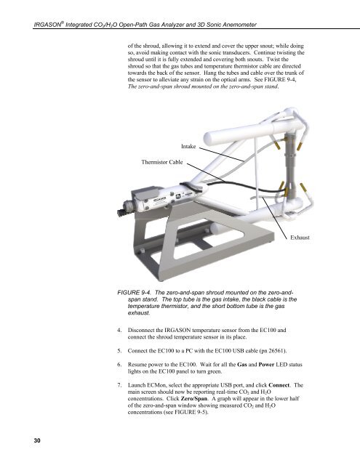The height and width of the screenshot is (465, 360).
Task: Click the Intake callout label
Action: pyautogui.click(x=188, y=147)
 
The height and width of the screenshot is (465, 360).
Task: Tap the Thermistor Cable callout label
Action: pyautogui.click(x=162, y=162)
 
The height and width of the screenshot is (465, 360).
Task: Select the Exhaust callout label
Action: pyautogui.click(x=300, y=238)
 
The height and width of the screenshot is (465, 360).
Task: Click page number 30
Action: pyautogui.click(x=37, y=440)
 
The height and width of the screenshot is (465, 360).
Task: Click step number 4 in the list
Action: pyautogui.click(x=119, y=330)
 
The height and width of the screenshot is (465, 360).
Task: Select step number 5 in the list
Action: pyautogui.click(x=119, y=351)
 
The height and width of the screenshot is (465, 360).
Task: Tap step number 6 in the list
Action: pyautogui.click(x=119, y=365)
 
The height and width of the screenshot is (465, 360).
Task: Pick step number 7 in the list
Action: pyautogui.click(x=119, y=385)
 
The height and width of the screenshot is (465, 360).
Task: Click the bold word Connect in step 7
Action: pyautogui.click(x=279, y=385)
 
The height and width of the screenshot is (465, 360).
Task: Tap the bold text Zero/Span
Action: pyautogui.click(x=194, y=399)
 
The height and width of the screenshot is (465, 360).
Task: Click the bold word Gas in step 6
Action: pyautogui.click(x=242, y=365)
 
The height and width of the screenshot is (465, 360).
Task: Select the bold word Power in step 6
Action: pyautogui.click(x=266, y=365)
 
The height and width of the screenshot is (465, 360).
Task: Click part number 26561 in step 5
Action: pyautogui.click(x=276, y=351)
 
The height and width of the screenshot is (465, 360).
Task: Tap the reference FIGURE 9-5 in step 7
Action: pyautogui.click(x=190, y=412)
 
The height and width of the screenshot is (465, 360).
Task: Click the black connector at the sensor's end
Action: pyautogui.click(x=121, y=211)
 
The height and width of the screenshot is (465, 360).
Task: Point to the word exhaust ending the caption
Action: pyautogui.click(x=139, y=313)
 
